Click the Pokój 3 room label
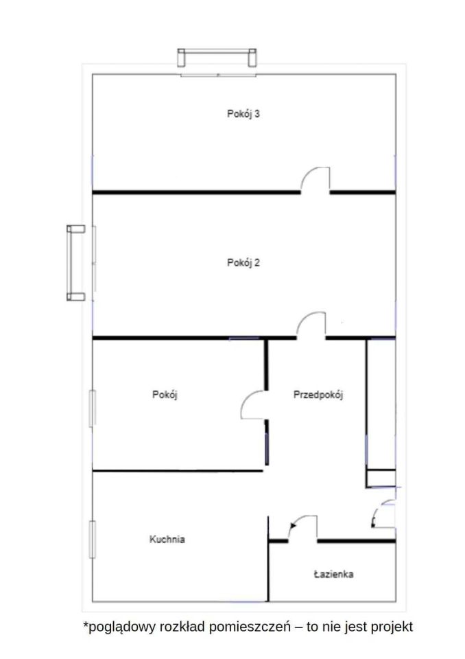coord(243,114)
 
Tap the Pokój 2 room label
coord(243,263)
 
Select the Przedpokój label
coord(318,395)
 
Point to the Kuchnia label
coord(167,540)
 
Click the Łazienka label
coord(333,574)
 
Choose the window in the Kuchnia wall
coord(93,540)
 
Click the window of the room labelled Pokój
coord(93,408)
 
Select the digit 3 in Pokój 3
coord(257,113)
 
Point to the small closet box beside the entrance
coord(381,478)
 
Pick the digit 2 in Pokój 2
coord(257,262)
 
